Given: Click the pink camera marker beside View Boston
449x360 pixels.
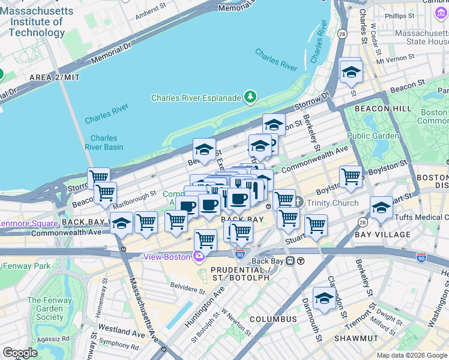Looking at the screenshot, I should (x=199, y=257).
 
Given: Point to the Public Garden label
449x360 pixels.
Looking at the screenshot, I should (x=373, y=136).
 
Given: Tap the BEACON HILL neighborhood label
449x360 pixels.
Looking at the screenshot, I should (x=383, y=109).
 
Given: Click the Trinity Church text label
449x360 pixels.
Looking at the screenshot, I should (x=333, y=203).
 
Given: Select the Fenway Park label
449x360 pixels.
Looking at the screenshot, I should (x=26, y=266).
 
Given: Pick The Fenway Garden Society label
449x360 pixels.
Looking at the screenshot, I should (x=45, y=308).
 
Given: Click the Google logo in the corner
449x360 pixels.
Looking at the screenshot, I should (x=20, y=353).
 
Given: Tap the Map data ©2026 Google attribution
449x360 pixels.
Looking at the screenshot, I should (x=411, y=355).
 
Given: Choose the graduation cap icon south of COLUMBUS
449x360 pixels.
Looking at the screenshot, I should (x=324, y=298).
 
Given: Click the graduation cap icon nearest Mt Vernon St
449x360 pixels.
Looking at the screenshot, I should (x=351, y=72).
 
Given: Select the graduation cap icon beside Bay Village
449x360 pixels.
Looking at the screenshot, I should (x=381, y=208).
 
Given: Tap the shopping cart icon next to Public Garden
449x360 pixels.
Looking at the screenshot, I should (x=351, y=176).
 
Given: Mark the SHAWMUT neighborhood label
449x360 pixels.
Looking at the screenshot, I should (x=357, y=339).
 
